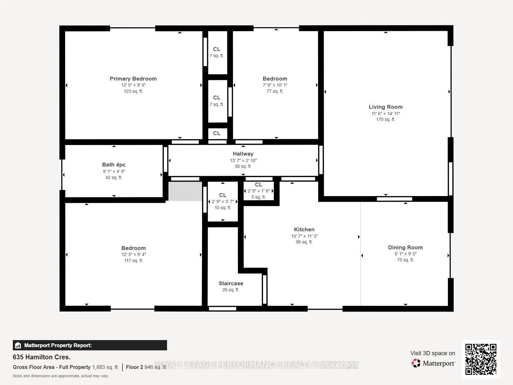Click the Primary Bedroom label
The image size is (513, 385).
click(x=133, y=79)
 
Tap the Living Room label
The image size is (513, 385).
click(x=386, y=107)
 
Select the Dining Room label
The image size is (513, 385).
click(x=405, y=248)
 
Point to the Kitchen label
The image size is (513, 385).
click(x=304, y=229)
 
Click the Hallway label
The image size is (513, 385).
click(x=243, y=154)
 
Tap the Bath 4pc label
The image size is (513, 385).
click(x=114, y=165)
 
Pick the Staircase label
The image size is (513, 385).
click(x=231, y=284)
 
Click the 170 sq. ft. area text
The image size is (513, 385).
click(x=386, y=119)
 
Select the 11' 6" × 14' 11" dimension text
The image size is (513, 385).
click(x=386, y=114)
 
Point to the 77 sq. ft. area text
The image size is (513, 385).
click(x=275, y=91)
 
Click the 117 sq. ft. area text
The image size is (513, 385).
click(x=133, y=261)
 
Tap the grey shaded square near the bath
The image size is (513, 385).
click(x=185, y=191)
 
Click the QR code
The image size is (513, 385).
click(x=481, y=359)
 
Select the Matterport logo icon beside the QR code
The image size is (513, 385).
click(x=416, y=363)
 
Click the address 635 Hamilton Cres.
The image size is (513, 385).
click(x=42, y=357)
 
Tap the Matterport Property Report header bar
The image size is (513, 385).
click(x=90, y=345)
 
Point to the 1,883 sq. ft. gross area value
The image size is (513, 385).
click(x=105, y=367)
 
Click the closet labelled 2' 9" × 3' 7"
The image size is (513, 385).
click(x=223, y=201)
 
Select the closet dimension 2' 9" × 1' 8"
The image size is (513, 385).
click(x=259, y=191)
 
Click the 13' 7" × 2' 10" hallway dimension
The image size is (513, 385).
click(x=243, y=161)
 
